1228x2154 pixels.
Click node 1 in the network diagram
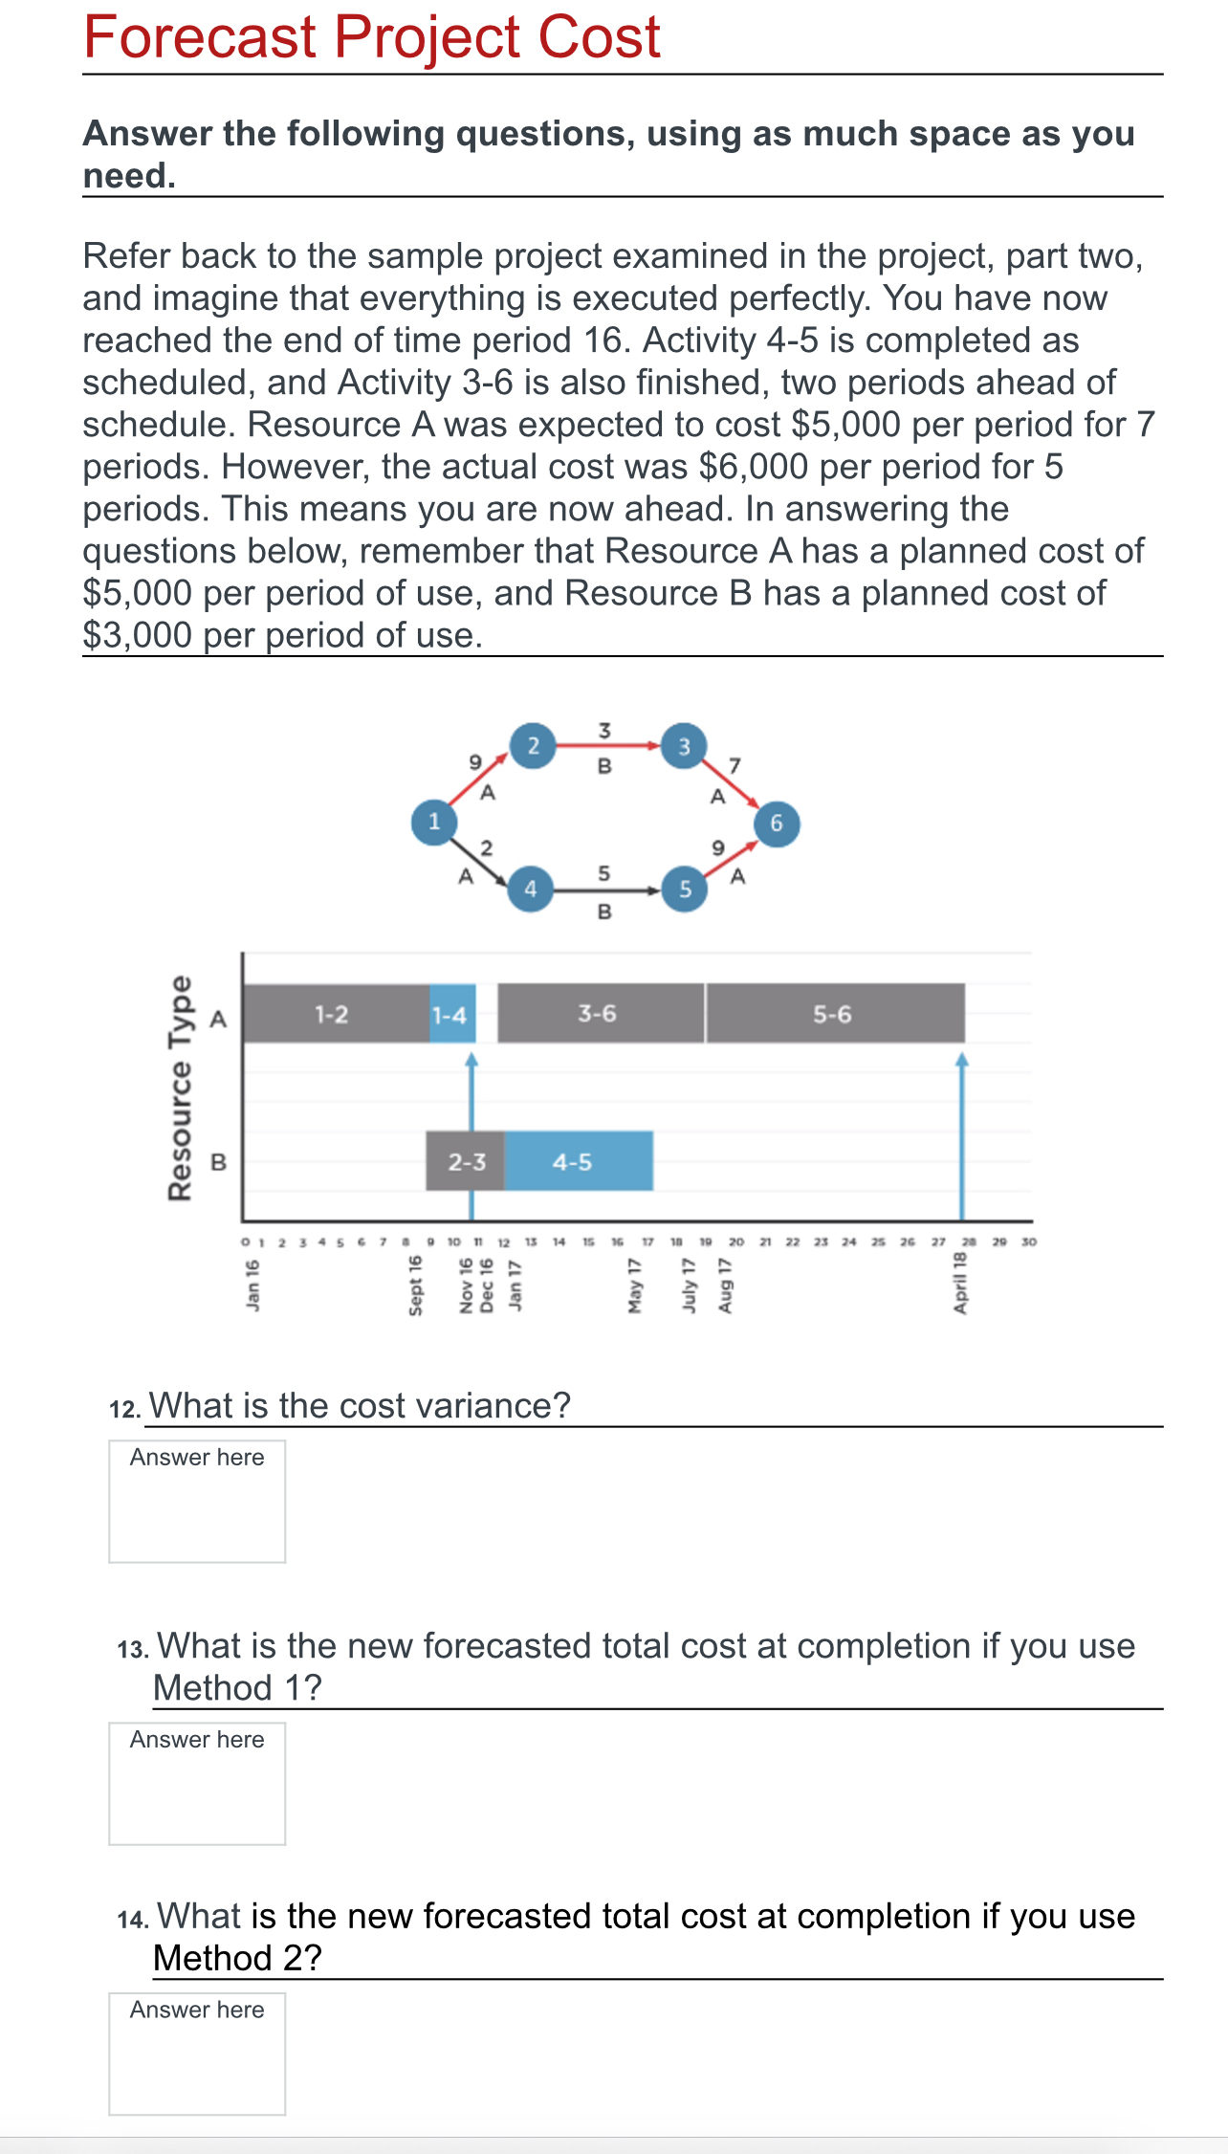pyautogui.click(x=433, y=822)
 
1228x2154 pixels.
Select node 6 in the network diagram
pyautogui.click(x=776, y=824)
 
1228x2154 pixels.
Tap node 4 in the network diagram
pyautogui.click(x=530, y=889)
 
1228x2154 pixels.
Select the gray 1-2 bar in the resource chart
pyautogui.click(x=333, y=1014)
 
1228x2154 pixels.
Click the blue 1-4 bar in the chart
pyautogui.click(x=450, y=1015)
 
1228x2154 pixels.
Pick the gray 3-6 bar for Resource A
pyautogui.click(x=598, y=1014)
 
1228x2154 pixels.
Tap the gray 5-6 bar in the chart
pyautogui.click(x=832, y=1015)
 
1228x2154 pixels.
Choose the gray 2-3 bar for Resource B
pyautogui.click(x=466, y=1162)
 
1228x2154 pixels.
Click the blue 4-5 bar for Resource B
pyautogui.click(x=574, y=1162)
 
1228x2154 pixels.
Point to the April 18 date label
pyautogui.click(x=960, y=1284)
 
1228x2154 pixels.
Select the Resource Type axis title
pyautogui.click(x=180, y=1088)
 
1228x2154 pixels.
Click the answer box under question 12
pyautogui.click(x=197, y=1501)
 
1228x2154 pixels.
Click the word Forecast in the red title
pyautogui.click(x=199, y=37)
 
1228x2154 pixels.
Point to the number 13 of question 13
pyautogui.click(x=132, y=1650)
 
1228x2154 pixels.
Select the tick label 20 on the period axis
pyautogui.click(x=735, y=1242)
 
